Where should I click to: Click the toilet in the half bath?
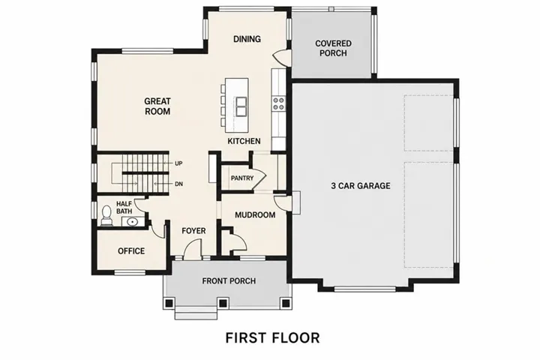[x=106, y=216]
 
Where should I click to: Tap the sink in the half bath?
[x=132, y=221]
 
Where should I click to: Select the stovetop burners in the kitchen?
[x=278, y=103]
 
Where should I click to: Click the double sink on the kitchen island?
[x=241, y=106]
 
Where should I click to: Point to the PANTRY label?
[x=242, y=178]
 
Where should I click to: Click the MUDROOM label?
[x=255, y=215]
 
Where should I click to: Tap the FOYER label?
[x=193, y=230]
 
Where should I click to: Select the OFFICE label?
[x=131, y=250]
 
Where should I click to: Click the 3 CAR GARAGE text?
[x=361, y=186]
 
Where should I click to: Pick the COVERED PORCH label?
[x=333, y=48]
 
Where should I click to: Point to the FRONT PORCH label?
[x=229, y=281]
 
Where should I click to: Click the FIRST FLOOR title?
[x=272, y=338]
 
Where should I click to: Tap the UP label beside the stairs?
[x=178, y=163]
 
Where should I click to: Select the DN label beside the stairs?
[x=178, y=184]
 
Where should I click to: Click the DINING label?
[x=247, y=39]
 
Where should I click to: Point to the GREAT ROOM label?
[x=157, y=106]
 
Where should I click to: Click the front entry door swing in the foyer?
[x=191, y=248]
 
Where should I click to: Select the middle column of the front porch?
[x=223, y=303]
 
